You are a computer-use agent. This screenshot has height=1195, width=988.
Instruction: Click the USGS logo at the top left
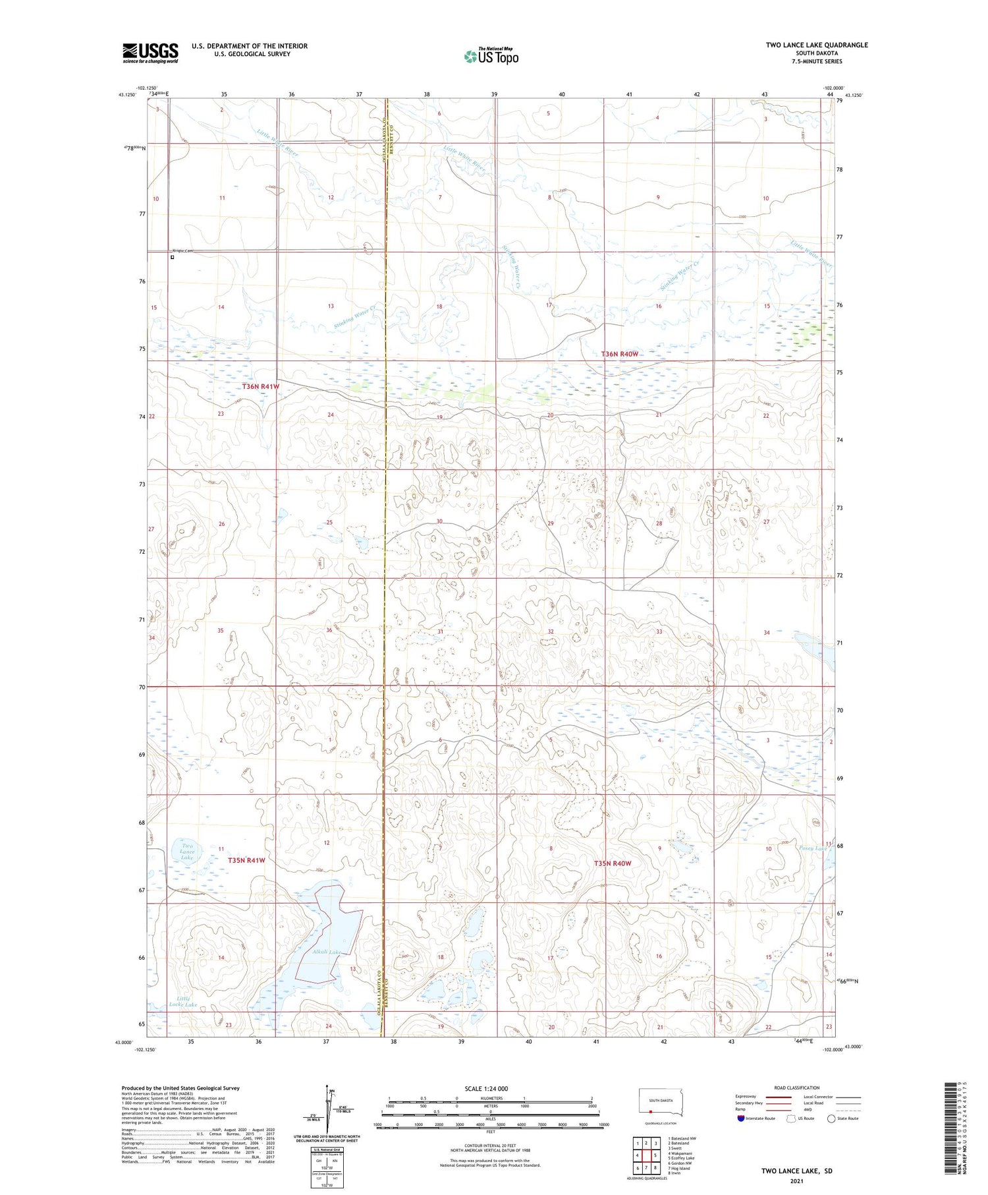tap(150, 53)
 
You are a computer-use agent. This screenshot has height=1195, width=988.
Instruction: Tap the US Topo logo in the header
tap(491, 57)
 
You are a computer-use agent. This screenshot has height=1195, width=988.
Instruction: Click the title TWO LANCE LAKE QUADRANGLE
tap(816, 45)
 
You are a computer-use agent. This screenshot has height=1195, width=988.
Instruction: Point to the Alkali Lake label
tap(327, 952)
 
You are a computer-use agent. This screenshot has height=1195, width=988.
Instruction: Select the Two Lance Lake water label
tap(187, 852)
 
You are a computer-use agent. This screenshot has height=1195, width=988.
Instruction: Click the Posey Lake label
tap(812, 848)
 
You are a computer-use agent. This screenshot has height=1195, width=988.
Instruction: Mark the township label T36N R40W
tap(619, 354)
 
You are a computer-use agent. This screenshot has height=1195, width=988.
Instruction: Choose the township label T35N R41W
tap(246, 860)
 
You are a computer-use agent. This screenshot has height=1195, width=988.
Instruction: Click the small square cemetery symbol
tap(173, 257)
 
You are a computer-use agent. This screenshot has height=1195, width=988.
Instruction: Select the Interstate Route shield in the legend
tap(741, 1119)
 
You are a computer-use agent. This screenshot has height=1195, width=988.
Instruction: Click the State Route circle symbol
tap(831, 1119)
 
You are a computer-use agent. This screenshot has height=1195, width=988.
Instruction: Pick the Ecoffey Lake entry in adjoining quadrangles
tap(681, 1157)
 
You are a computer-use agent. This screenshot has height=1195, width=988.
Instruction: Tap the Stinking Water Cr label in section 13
tap(354, 318)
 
